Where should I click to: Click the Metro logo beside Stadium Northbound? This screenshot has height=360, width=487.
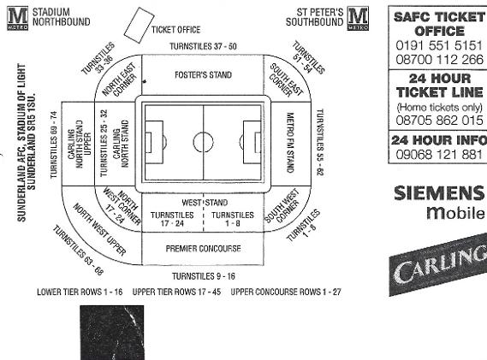[18, 19]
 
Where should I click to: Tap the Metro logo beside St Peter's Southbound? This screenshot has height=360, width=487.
[358, 19]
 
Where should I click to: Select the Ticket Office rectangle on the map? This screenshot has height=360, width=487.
[139, 25]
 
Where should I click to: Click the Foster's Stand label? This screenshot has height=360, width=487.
[203, 75]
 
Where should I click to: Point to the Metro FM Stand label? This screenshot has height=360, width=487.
[290, 143]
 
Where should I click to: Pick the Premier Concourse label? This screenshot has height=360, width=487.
[203, 249]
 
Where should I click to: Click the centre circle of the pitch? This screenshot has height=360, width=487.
[203, 142]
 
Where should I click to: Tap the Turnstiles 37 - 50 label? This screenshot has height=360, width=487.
[203, 46]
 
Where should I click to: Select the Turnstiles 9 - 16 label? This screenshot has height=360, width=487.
[204, 276]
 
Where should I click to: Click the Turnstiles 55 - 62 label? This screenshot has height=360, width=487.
[320, 142]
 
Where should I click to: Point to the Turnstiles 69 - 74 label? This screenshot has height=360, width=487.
[54, 145]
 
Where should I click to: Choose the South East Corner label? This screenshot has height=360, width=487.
[286, 80]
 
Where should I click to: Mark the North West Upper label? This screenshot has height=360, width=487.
[99, 230]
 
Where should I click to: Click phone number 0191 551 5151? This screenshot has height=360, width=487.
[439, 45]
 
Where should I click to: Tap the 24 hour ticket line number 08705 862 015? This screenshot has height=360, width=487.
[439, 120]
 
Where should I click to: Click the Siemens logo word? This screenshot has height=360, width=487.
[439, 193]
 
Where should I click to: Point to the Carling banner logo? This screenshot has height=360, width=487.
[438, 263]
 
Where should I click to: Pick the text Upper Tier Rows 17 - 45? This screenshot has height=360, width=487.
[176, 292]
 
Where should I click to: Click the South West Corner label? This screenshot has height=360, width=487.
[282, 206]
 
